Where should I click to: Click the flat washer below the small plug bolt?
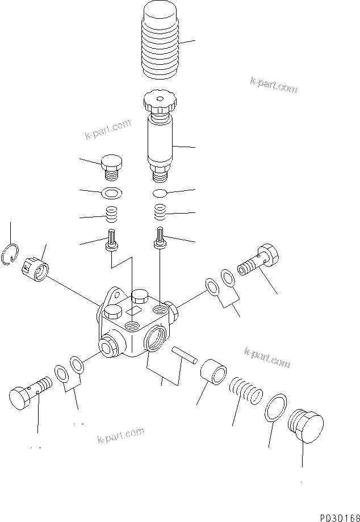(x=112, y=194)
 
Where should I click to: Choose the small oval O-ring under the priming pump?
(x=161, y=193)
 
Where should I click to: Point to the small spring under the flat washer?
(x=112, y=215)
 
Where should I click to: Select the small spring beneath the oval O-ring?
(x=161, y=214)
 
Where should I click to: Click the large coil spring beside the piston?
(x=246, y=390)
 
